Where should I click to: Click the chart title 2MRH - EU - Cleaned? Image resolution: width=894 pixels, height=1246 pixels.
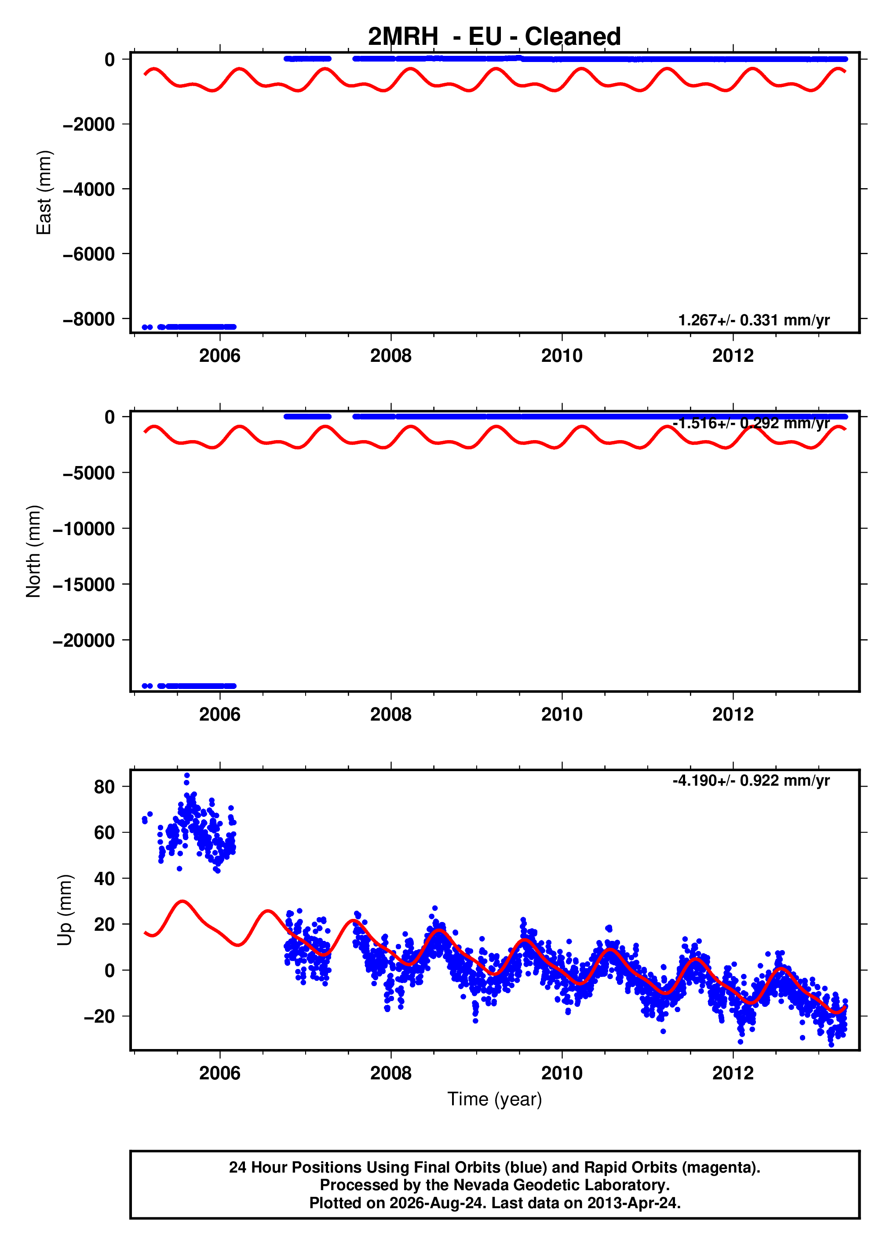(494, 37)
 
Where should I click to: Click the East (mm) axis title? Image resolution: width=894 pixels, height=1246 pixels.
(44, 192)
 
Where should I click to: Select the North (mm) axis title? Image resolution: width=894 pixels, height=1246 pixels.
(33, 551)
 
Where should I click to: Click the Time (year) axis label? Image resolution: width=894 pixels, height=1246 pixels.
(495, 1099)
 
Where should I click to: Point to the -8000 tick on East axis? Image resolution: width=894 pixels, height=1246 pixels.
(88, 319)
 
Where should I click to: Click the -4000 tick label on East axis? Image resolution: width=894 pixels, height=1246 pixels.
(88, 189)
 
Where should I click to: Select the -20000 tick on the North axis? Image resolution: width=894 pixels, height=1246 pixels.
(84, 640)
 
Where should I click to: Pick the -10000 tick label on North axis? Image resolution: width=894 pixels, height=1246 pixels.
(84, 528)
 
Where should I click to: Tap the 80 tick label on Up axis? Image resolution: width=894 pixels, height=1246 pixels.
(104, 787)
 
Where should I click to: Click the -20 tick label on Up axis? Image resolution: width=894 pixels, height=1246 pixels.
(99, 1016)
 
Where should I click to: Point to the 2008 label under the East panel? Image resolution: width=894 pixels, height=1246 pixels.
(390, 356)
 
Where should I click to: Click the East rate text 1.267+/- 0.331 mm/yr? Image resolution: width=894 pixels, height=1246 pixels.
(754, 320)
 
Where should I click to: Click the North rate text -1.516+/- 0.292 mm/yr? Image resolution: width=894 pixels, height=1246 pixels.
(751, 423)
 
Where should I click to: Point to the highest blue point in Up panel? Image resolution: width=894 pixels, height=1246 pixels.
(187, 776)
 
